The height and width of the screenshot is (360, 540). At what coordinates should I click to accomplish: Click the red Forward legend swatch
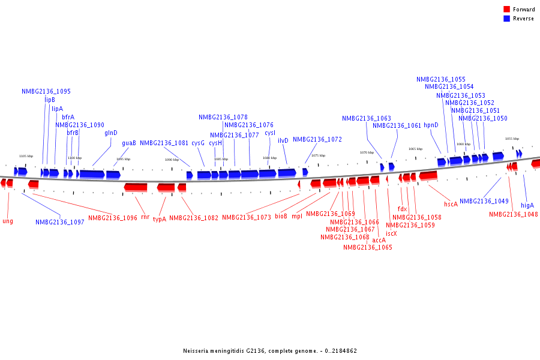[x=506, y=10]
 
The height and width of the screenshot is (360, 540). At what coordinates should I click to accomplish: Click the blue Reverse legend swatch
[x=506, y=19]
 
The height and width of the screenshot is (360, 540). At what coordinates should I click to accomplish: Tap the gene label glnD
[x=111, y=133]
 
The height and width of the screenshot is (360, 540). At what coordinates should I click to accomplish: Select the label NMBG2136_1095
[x=46, y=92]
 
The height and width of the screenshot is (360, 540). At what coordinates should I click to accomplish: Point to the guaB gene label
[x=129, y=143]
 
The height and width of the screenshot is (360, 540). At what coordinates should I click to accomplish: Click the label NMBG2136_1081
[x=164, y=143]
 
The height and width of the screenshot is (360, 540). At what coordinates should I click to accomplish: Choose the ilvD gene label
[x=283, y=140]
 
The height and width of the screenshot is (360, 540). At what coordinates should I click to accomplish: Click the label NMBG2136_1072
[x=317, y=139]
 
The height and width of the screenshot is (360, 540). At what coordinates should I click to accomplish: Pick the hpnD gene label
[x=431, y=125]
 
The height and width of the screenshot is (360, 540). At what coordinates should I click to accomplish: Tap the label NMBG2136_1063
[x=367, y=119]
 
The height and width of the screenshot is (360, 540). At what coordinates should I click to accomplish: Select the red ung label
[x=8, y=221]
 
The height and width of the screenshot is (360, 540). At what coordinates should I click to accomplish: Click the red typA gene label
[x=160, y=220]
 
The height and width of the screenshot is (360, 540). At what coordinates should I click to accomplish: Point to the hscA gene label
[x=451, y=204]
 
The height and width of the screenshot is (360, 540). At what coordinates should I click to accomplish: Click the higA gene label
[x=527, y=205]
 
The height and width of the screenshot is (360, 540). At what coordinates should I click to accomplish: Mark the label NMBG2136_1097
[x=60, y=222]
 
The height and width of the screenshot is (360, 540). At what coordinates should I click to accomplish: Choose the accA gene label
[x=379, y=240]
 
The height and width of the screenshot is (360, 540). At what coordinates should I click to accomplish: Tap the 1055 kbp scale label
[x=512, y=139]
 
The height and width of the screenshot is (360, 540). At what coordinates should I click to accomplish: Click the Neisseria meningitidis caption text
[x=270, y=351]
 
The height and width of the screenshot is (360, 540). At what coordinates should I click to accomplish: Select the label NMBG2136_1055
[x=441, y=79]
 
